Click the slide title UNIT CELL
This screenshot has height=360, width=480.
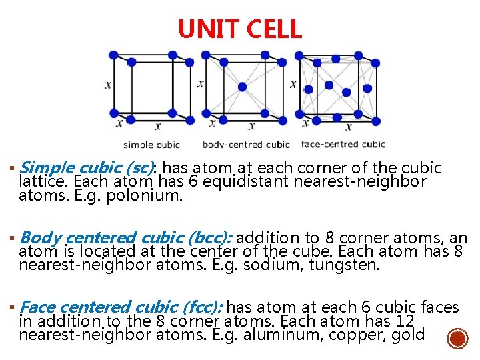tap(240, 29)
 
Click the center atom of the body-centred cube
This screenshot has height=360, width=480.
tap(242, 87)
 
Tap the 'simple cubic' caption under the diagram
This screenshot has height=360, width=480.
tap(151, 145)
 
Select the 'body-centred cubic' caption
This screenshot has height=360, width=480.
tap(245, 145)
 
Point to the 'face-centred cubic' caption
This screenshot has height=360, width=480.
tap(343, 145)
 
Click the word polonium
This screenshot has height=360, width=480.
tap(149, 196)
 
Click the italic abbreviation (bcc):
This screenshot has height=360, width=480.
tap(209, 238)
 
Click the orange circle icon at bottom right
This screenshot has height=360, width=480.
tap(457, 338)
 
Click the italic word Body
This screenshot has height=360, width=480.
tap(41, 238)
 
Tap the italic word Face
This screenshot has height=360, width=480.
tap(39, 307)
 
